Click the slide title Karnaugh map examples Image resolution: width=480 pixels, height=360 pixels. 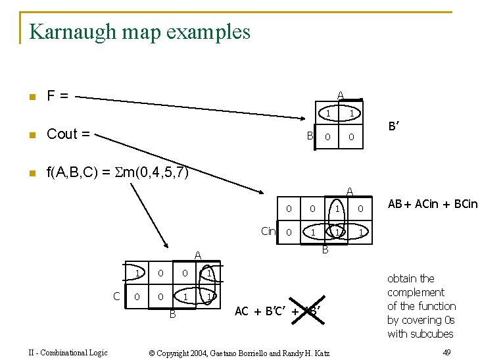(139, 31)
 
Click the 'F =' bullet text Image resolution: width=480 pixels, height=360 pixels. (57, 96)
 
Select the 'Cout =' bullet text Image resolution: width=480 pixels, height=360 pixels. (68, 134)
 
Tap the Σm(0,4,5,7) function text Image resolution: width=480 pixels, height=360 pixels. (118, 173)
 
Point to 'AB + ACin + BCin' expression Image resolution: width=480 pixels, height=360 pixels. (432, 204)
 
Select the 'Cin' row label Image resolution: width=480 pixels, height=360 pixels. (268, 231)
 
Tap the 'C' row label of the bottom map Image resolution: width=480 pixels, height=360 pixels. (116, 296)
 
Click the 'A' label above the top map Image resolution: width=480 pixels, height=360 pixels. (340, 95)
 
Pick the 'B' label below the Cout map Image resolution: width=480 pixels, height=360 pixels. (325, 250)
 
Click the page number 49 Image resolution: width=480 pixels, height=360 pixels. (447, 353)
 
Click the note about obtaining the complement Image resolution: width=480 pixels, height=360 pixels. (421, 306)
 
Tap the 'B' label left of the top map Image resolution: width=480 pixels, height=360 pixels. (309, 136)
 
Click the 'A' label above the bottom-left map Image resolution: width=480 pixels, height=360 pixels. (196, 255)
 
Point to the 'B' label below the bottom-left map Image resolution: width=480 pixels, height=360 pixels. (173, 314)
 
